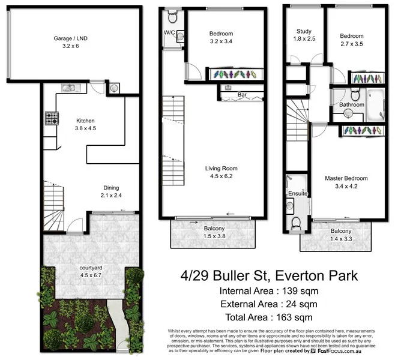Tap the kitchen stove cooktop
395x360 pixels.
coord(50,119)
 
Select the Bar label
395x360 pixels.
coord(242,95)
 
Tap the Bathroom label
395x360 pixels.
coord(352,105)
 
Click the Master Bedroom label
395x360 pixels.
coord(346,178)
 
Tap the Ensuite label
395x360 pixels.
coord(298,194)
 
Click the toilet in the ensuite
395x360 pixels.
coord(295,223)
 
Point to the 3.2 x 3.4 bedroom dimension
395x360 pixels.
coord(222,41)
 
